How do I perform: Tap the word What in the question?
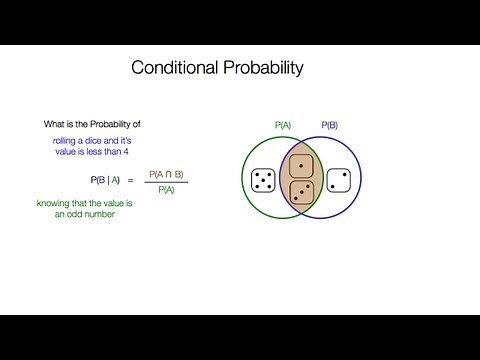click(55, 124)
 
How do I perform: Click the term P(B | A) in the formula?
click(104, 180)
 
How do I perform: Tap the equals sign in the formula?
click(130, 180)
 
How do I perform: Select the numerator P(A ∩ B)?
click(166, 174)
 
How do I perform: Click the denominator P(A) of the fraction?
click(166, 188)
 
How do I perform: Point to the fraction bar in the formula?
click(166, 181)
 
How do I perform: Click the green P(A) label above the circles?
click(284, 127)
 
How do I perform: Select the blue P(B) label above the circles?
click(331, 127)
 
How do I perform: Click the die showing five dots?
click(265, 181)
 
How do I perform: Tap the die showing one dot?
click(302, 166)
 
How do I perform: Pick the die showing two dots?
click(339, 181)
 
